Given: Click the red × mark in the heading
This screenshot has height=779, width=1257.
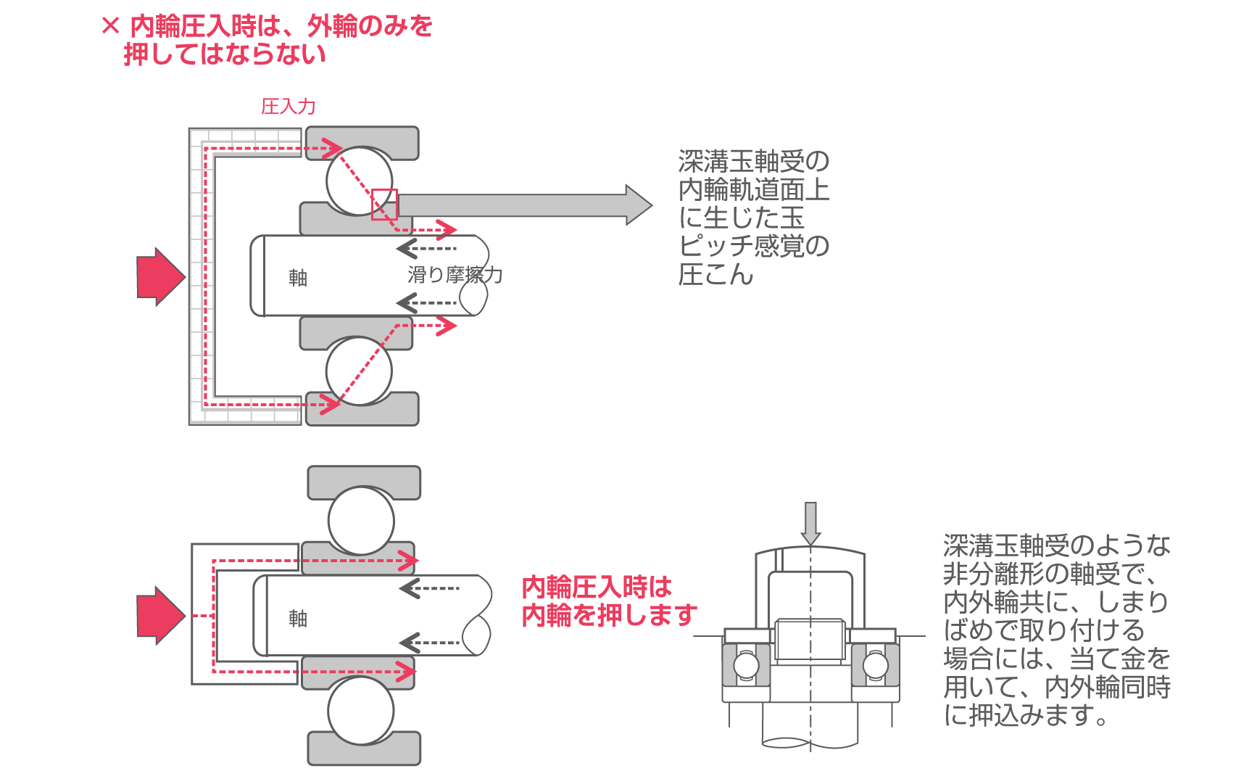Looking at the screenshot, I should pos(111,27).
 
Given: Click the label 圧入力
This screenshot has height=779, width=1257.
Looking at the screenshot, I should pos(288,107).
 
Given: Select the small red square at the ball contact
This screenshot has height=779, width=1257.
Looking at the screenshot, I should pos(384,205).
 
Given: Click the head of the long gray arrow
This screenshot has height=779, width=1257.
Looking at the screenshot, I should pos(637,205).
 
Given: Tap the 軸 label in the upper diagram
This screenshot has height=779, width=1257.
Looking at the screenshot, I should pos(298,278).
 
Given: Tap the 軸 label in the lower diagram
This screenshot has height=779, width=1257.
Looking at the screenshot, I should pos(298,618).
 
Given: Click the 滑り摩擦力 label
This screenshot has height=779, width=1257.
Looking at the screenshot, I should pos(455,275).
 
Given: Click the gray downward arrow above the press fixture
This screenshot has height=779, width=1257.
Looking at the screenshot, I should pos(810,522).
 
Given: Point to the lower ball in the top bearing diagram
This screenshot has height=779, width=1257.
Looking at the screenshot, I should pos(359,371).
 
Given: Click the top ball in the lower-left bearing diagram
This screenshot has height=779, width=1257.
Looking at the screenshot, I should pos(361,520).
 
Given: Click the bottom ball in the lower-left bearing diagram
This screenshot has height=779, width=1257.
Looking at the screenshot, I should pos(361,711).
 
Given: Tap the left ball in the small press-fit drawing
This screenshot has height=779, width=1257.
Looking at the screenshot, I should pos(746,665).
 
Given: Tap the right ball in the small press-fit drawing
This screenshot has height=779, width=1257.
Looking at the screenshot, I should pos(875,665).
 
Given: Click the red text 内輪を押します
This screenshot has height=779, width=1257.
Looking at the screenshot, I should pos(609,616).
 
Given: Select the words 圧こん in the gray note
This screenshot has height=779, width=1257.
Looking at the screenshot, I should pos(715,274).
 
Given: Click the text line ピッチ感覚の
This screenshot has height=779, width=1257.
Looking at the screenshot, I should pos(754,246).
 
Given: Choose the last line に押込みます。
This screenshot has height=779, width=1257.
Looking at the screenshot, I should pos(1025,716).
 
